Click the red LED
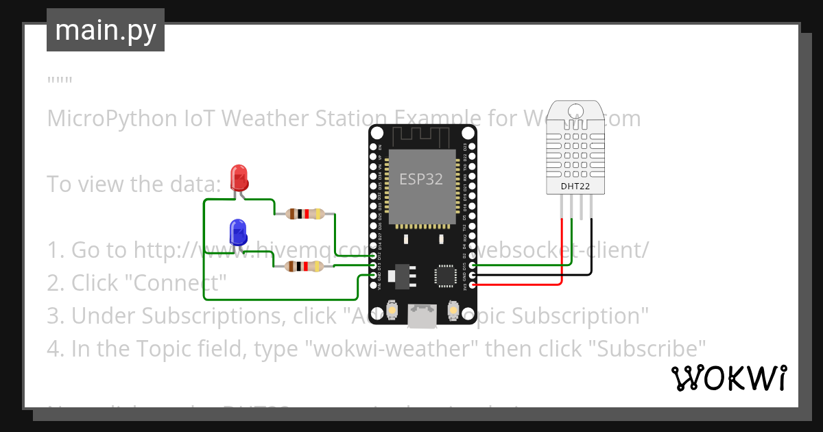pos(239,177)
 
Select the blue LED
pos(238,232)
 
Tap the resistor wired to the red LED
pos(306,214)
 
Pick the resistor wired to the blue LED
pos(305,267)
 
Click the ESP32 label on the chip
pos(421,179)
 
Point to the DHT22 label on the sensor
pos(575,185)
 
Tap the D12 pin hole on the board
pos(374,255)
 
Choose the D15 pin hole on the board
pos(472,265)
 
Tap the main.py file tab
pos(106,30)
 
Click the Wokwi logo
pos(728,378)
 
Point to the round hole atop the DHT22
pos(575,109)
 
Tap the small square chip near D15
pos(444,276)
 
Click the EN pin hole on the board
pos(374,147)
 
